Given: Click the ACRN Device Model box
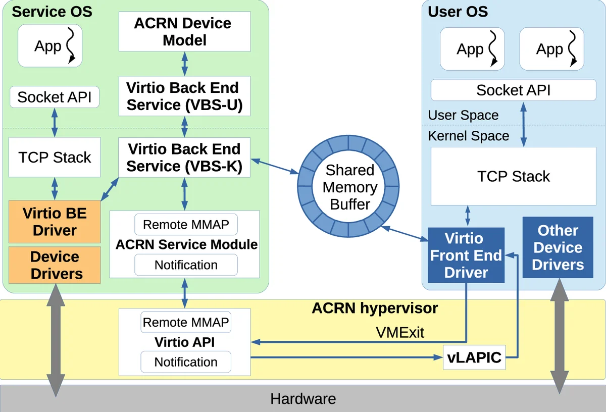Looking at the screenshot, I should (x=184, y=31).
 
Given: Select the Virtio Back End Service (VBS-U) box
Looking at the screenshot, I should (x=184, y=96).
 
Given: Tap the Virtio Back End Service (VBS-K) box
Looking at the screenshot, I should (x=184, y=158).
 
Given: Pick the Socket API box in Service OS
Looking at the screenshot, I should (x=55, y=97).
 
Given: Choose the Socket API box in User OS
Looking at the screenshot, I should (x=513, y=90).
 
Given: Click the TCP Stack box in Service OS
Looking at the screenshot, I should (x=55, y=158).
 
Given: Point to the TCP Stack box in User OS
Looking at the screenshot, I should (x=513, y=176).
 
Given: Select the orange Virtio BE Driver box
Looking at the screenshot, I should (x=55, y=222).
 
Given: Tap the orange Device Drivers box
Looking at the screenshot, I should (x=55, y=265).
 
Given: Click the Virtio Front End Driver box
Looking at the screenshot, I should (x=466, y=255).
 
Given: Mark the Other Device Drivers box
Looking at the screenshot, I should (x=558, y=247).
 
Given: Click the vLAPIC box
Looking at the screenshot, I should (x=474, y=358).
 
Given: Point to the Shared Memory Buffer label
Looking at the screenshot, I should (x=350, y=187).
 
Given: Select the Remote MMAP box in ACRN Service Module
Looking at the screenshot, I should (x=186, y=225).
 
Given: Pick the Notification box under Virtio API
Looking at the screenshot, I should (x=186, y=362).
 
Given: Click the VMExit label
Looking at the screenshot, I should (x=400, y=332).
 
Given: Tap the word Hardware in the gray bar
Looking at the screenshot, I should (x=303, y=399).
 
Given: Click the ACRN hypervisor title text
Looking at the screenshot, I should (x=375, y=308).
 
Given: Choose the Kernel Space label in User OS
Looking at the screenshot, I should (x=469, y=136).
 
